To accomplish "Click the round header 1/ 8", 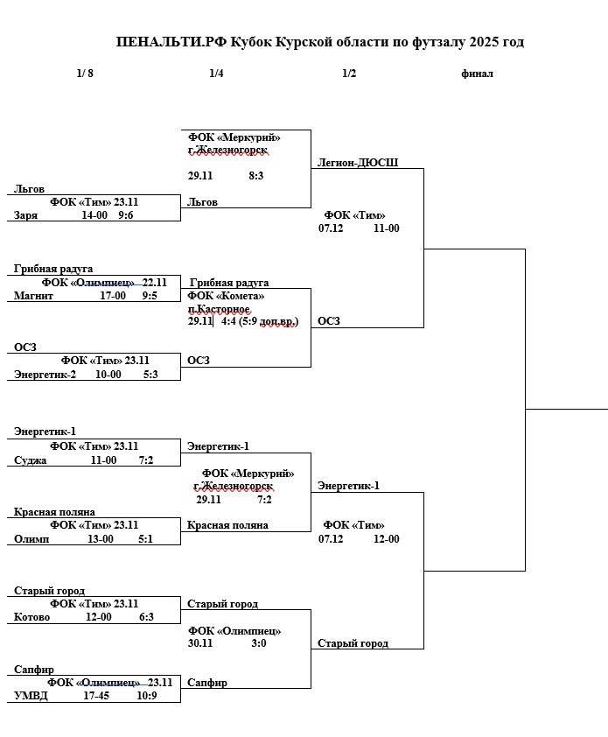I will click(x=85, y=74).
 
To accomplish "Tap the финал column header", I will click(x=477, y=74).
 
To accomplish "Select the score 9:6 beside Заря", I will click(x=126, y=215).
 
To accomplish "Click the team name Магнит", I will click(x=34, y=296).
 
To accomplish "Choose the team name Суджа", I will click(x=31, y=460).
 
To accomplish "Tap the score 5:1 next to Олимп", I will click(x=145, y=539).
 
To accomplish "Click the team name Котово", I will click(x=32, y=617).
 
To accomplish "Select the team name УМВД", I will click(x=31, y=696).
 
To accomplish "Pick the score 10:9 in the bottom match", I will click(x=146, y=696).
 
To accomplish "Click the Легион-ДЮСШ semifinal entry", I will click(x=358, y=163).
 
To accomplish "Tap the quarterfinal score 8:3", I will click(x=256, y=176).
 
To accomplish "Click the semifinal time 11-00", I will click(x=386, y=228).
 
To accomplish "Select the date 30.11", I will click(x=200, y=643).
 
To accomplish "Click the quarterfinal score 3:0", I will click(x=258, y=643).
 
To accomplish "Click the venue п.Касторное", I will click(x=220, y=309).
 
